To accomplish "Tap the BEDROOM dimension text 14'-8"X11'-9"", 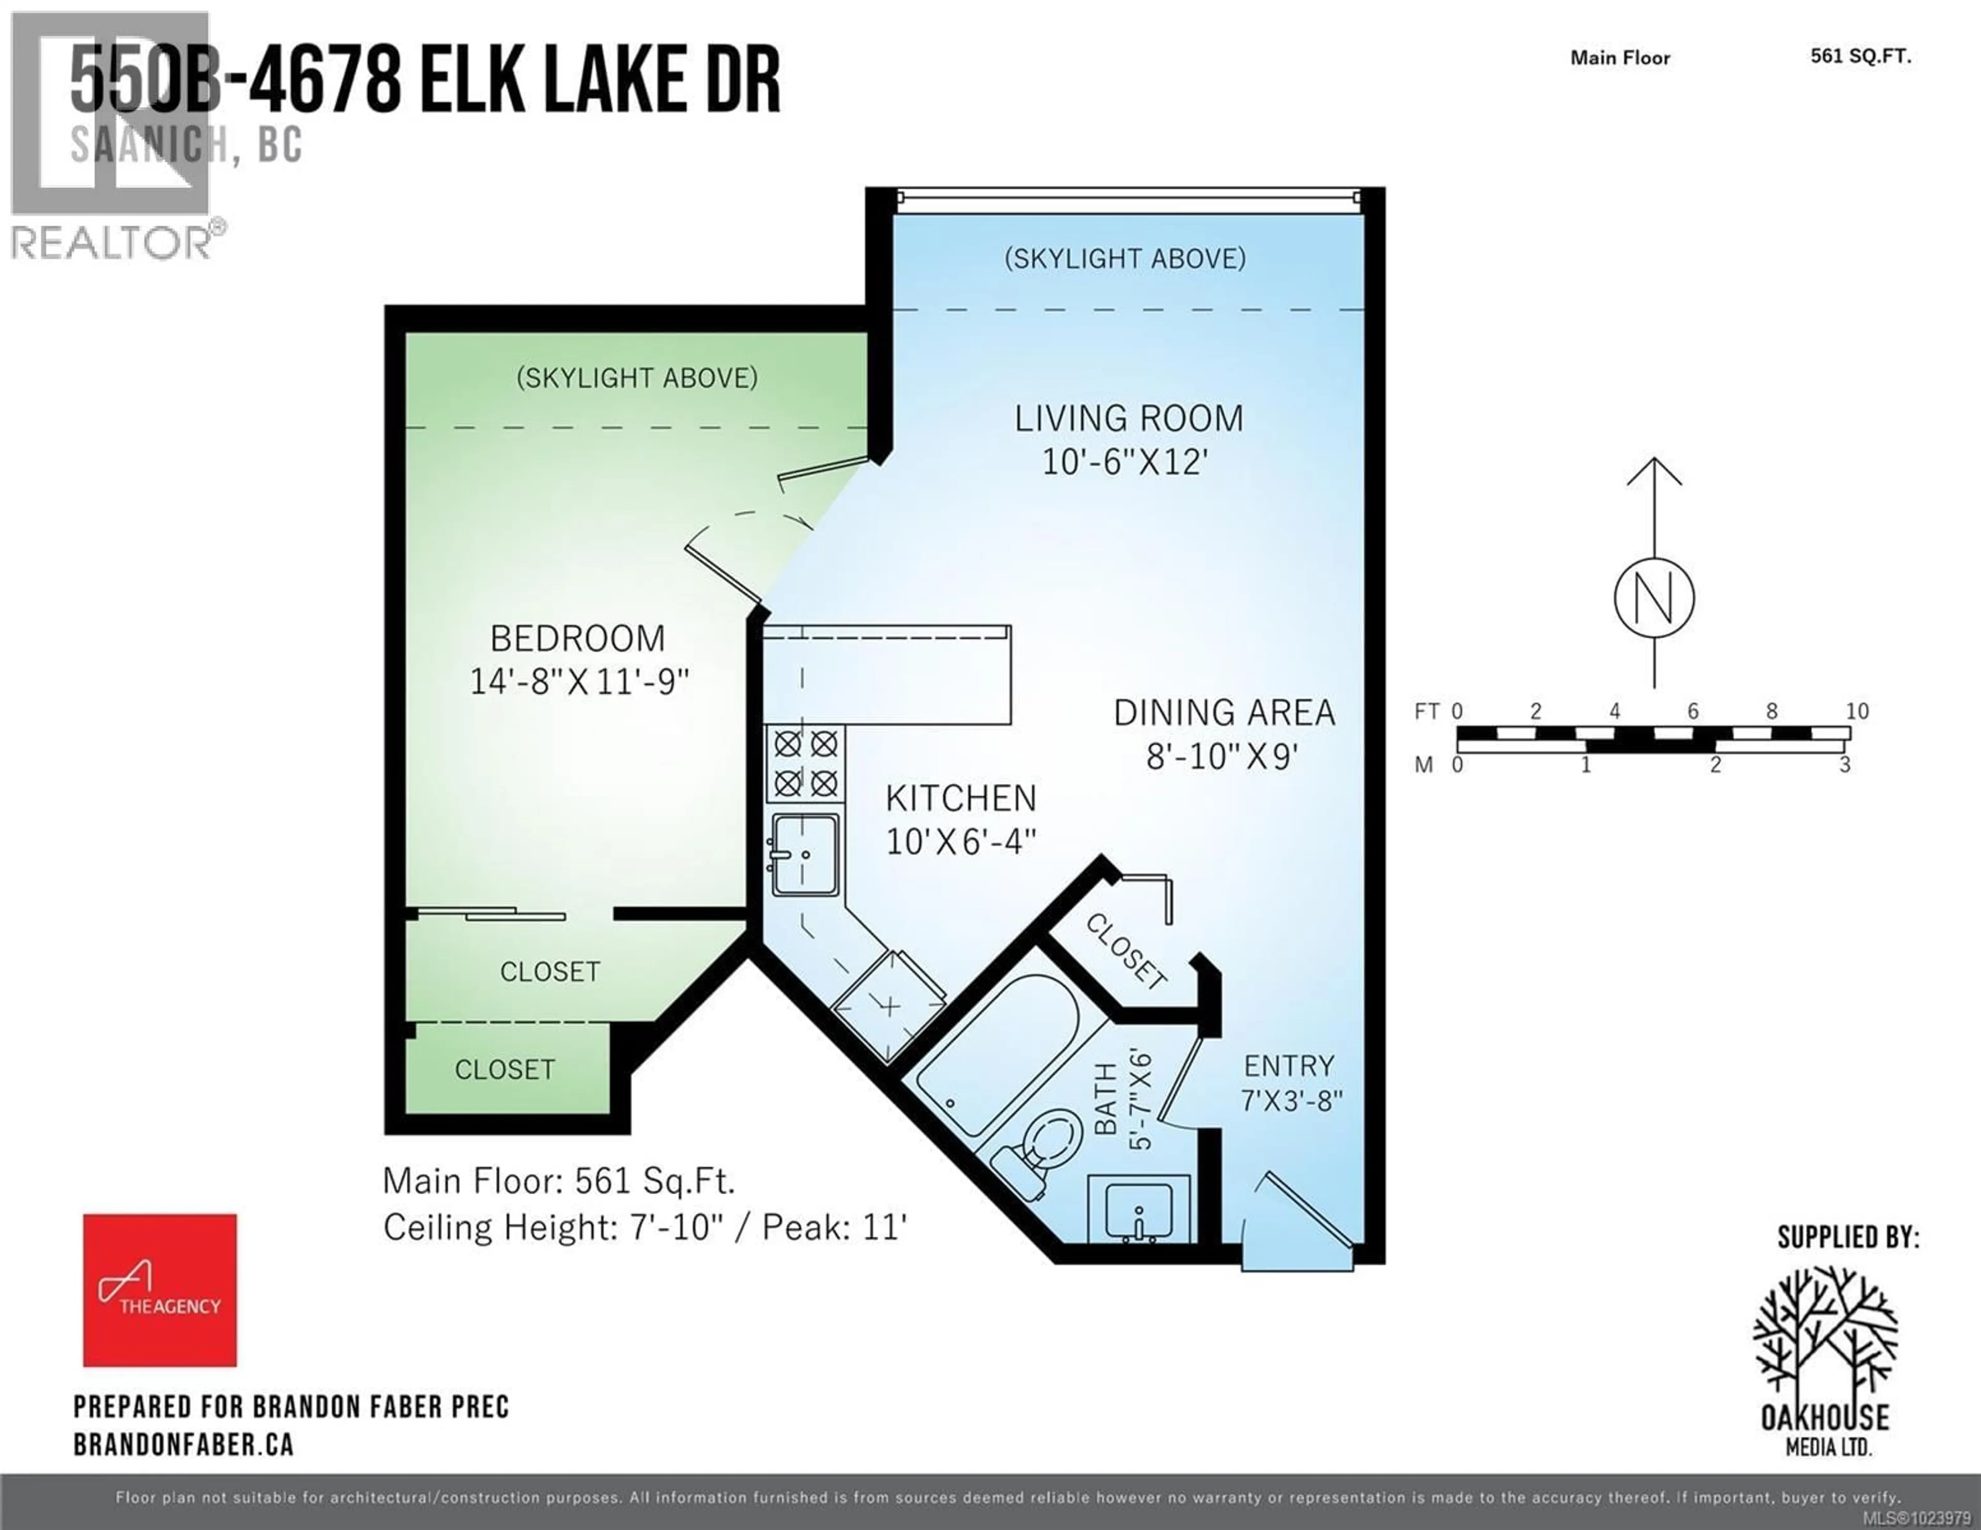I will tap(579, 681).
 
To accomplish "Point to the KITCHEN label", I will tap(961, 799).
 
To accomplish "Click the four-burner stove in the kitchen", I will tap(805, 763).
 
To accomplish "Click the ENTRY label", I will tap(1289, 1066).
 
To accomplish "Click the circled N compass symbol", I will tap(1654, 599).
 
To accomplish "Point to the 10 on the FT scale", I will tap(1857, 711).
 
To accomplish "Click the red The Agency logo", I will tap(159, 1290).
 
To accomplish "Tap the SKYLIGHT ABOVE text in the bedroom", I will tap(637, 378).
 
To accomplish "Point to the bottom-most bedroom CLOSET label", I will tap(505, 1070).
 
